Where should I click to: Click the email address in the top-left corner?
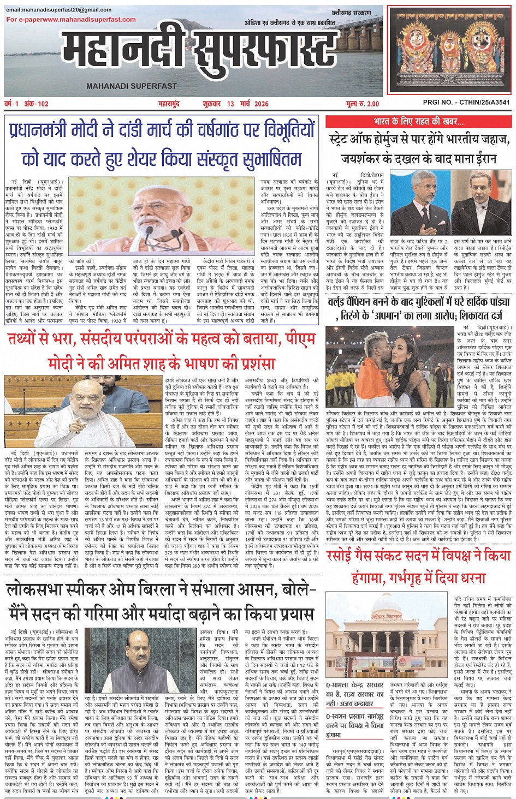(58, 10)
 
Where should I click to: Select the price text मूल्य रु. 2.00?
(362, 104)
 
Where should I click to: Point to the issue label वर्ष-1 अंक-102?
(26, 104)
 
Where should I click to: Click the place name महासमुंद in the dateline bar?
(169, 104)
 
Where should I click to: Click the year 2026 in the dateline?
(261, 104)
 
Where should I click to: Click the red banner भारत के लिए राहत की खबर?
(418, 121)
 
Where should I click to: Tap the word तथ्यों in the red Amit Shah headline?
(26, 339)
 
